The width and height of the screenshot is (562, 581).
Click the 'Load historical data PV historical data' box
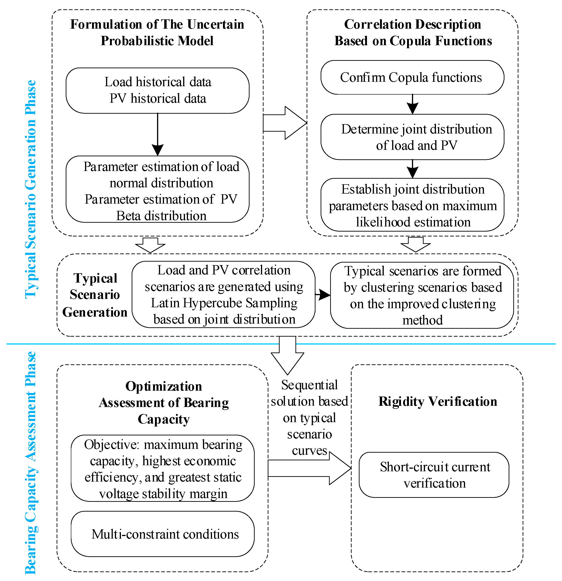(158, 90)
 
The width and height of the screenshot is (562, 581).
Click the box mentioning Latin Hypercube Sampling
(223, 294)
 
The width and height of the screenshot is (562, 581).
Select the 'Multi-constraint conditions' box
(162, 534)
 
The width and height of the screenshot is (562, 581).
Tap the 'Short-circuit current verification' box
(434, 475)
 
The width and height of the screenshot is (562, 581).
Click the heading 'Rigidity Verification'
(438, 401)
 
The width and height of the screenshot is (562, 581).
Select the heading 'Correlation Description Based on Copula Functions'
(413, 33)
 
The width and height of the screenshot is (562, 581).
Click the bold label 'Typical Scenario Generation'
(95, 295)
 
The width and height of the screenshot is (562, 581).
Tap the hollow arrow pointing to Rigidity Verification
(308, 468)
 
